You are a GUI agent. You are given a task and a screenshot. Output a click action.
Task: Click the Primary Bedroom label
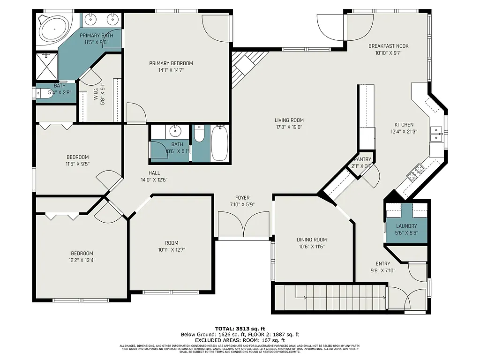pyautogui.click(x=171, y=63)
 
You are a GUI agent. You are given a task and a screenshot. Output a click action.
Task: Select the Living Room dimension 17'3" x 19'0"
pyautogui.click(x=289, y=127)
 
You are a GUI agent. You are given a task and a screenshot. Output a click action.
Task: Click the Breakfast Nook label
pyautogui.click(x=388, y=46)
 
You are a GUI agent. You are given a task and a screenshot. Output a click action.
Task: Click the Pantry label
pyautogui.click(x=362, y=159)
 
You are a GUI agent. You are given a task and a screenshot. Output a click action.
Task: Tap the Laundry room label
pyautogui.click(x=406, y=226)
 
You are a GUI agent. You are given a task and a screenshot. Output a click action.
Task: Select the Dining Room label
pyautogui.click(x=312, y=240)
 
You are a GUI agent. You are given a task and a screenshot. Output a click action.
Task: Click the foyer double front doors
pyautogui.click(x=244, y=225)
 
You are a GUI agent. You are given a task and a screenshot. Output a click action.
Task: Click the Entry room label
pyautogui.click(x=383, y=264)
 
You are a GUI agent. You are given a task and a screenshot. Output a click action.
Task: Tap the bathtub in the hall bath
pyautogui.click(x=220, y=143)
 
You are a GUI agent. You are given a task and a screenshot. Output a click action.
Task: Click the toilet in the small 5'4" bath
pyautogui.click(x=45, y=94)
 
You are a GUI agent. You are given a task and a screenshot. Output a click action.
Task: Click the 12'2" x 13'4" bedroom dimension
pyautogui.click(x=82, y=260)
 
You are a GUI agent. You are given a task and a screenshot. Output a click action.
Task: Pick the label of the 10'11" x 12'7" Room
pyautogui.click(x=172, y=243)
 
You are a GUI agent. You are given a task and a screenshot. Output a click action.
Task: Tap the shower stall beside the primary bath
pyautogui.click(x=47, y=68)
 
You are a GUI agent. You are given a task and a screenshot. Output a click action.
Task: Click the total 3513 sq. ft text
pyautogui.click(x=240, y=329)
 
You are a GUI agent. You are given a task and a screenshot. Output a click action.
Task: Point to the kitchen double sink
pyautogui.click(x=436, y=134)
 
